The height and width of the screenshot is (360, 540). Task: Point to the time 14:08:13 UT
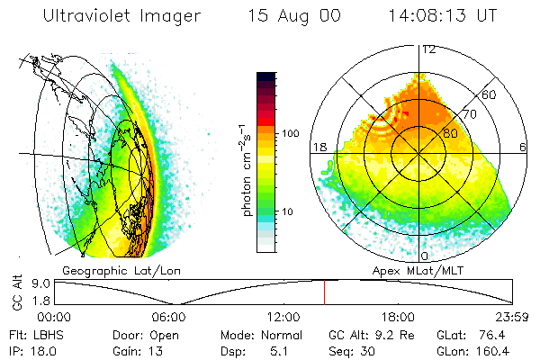click(x=444, y=16)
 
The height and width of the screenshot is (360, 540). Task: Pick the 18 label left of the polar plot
click(x=318, y=147)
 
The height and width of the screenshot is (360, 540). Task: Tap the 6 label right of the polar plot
click(x=523, y=147)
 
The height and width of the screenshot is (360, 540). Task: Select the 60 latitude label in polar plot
click(x=489, y=94)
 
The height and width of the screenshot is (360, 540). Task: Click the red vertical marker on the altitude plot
click(x=325, y=292)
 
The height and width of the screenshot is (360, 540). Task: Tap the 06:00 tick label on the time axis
click(x=168, y=317)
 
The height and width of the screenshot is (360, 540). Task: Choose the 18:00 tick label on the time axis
click(x=398, y=317)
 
